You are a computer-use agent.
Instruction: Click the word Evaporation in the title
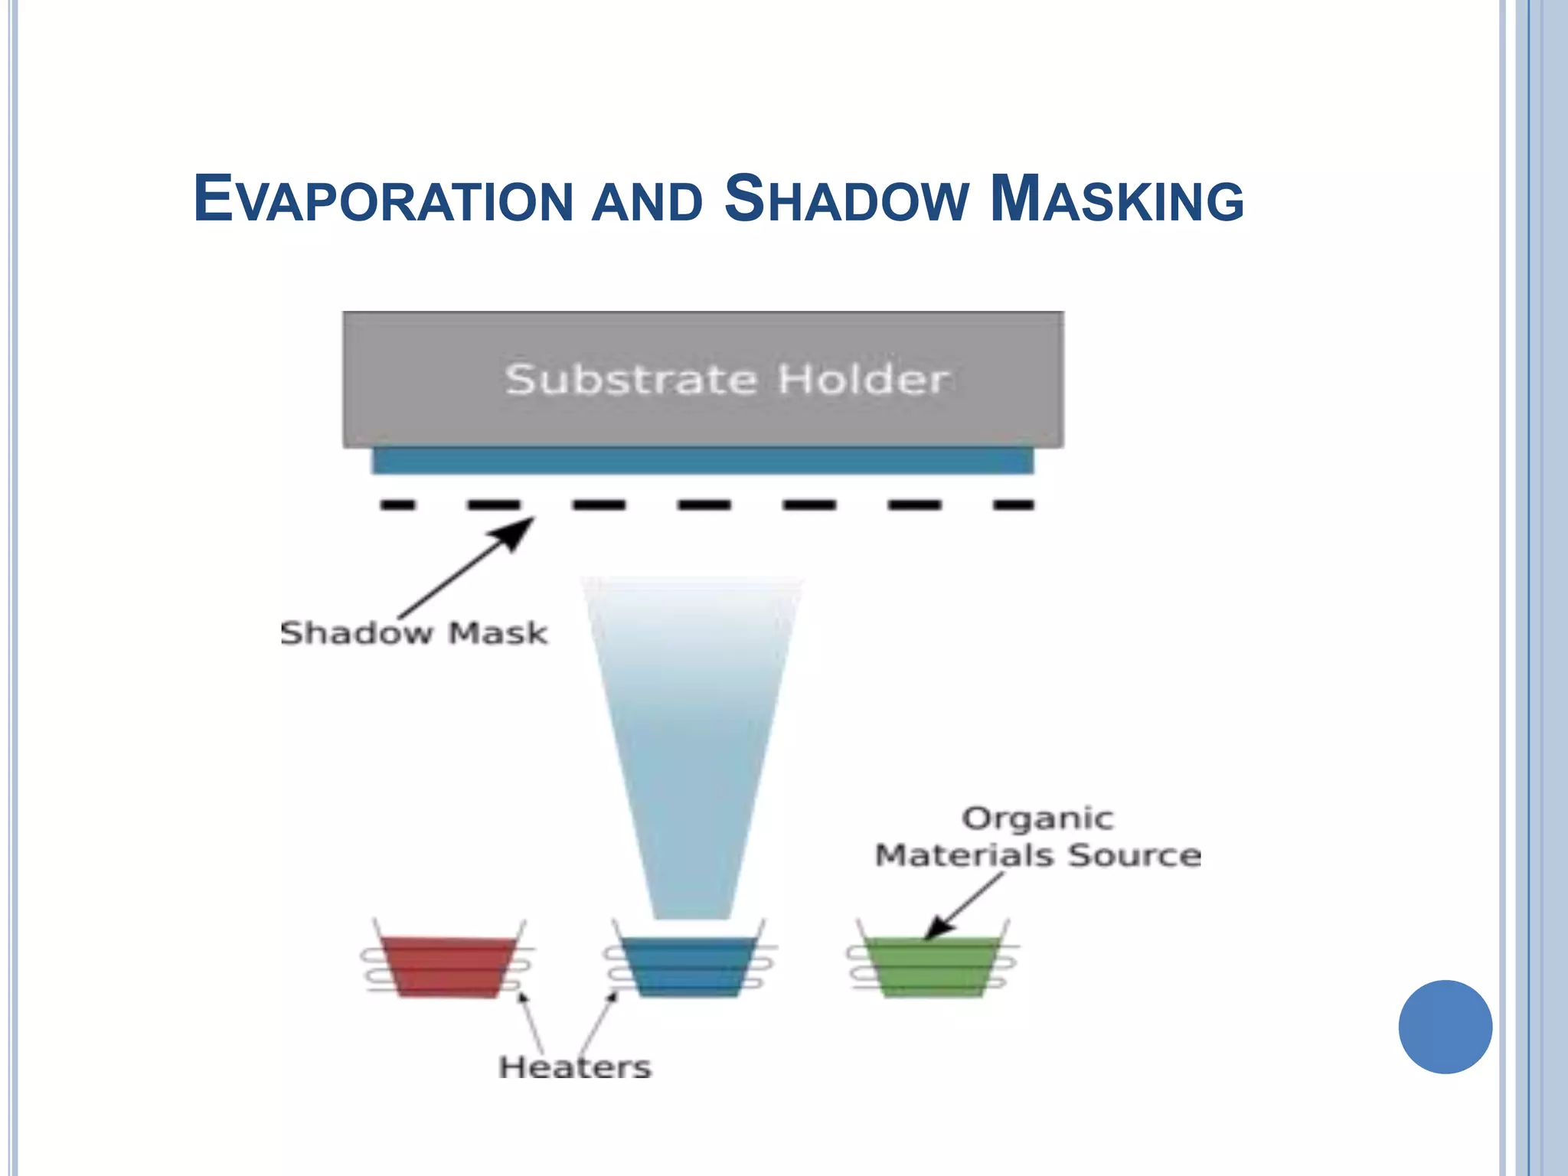pos(383,200)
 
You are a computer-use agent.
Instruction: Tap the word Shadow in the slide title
pos(846,200)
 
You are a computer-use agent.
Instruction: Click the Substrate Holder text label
pos(727,380)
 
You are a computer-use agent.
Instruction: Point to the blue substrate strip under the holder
pos(702,461)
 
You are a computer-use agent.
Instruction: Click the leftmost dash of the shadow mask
pos(398,505)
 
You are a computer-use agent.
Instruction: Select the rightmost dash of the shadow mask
pos(1013,505)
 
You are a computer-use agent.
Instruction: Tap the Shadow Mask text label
pos(413,634)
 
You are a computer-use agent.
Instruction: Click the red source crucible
pos(449,966)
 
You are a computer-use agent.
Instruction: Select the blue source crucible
pos(688,966)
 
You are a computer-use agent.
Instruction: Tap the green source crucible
pos(932,966)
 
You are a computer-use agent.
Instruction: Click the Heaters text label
pos(575,1067)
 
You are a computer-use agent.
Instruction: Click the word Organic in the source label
pos(1037,818)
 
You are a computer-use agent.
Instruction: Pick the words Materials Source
pos(1037,855)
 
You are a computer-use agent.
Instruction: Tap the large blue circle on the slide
pos(1445,1027)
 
